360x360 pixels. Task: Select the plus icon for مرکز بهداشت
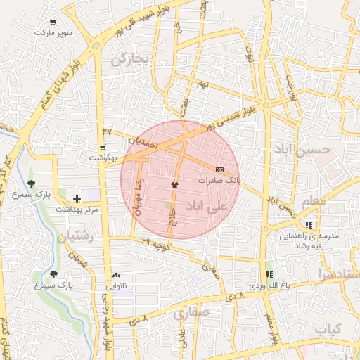(77, 199)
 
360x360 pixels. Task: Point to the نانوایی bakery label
(116, 286)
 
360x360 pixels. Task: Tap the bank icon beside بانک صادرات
(219, 169)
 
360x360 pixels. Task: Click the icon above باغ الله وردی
(268, 275)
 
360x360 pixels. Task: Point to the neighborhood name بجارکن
(131, 60)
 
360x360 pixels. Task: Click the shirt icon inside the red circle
(174, 184)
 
